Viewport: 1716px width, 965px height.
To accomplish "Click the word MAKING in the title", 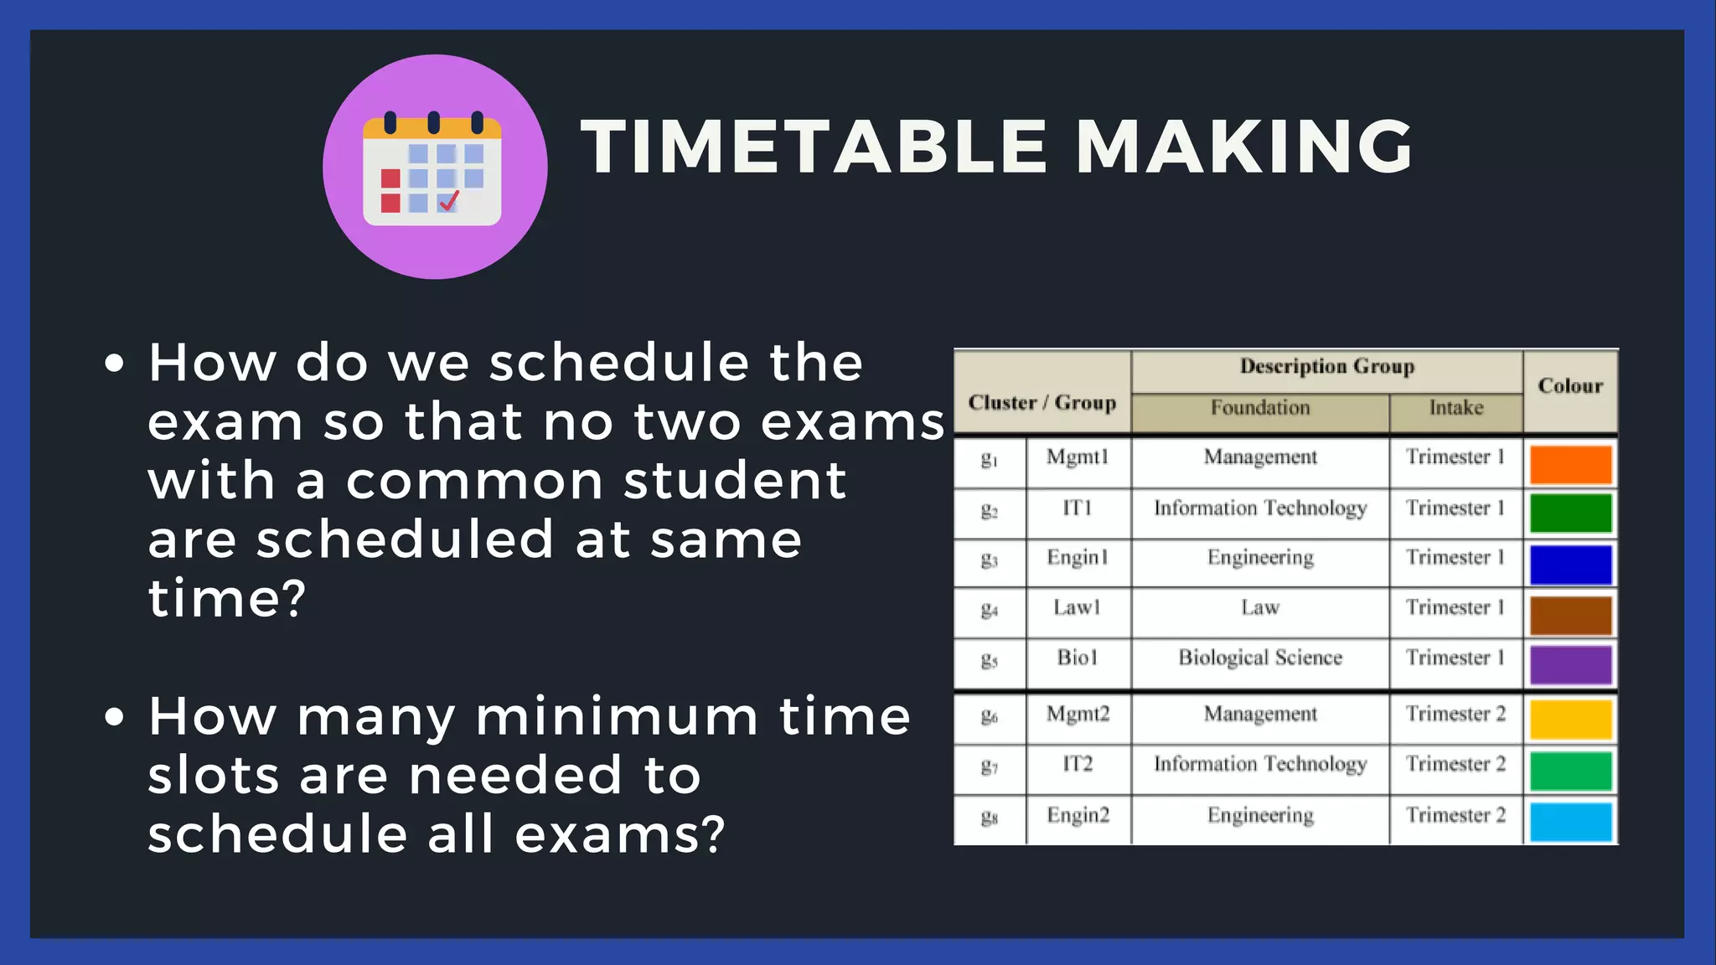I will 1243,147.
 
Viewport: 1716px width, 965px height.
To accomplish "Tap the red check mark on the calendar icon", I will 449,201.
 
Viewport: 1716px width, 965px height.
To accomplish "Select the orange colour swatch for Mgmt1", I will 1570,464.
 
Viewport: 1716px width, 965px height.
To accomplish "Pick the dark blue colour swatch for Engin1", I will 1570,565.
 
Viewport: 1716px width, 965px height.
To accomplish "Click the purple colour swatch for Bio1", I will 1570,665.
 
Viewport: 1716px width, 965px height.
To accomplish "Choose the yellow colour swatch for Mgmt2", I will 1570,720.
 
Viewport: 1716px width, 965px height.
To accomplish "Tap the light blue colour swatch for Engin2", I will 1570,822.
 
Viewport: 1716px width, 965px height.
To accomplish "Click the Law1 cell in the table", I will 1078,607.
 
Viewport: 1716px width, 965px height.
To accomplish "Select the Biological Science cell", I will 1260,658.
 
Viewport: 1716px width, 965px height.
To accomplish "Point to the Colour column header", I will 1570,386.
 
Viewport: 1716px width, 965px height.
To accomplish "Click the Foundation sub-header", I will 1260,408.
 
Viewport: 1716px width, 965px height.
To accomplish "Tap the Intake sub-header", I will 1456,408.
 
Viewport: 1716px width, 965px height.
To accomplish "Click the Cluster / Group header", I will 1042,403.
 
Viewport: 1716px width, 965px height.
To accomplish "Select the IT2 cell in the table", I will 1078,764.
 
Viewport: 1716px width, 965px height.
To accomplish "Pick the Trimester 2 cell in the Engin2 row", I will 1456,815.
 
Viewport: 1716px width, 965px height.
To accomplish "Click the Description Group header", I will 1327,367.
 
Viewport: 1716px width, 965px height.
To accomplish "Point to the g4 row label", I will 990,609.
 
